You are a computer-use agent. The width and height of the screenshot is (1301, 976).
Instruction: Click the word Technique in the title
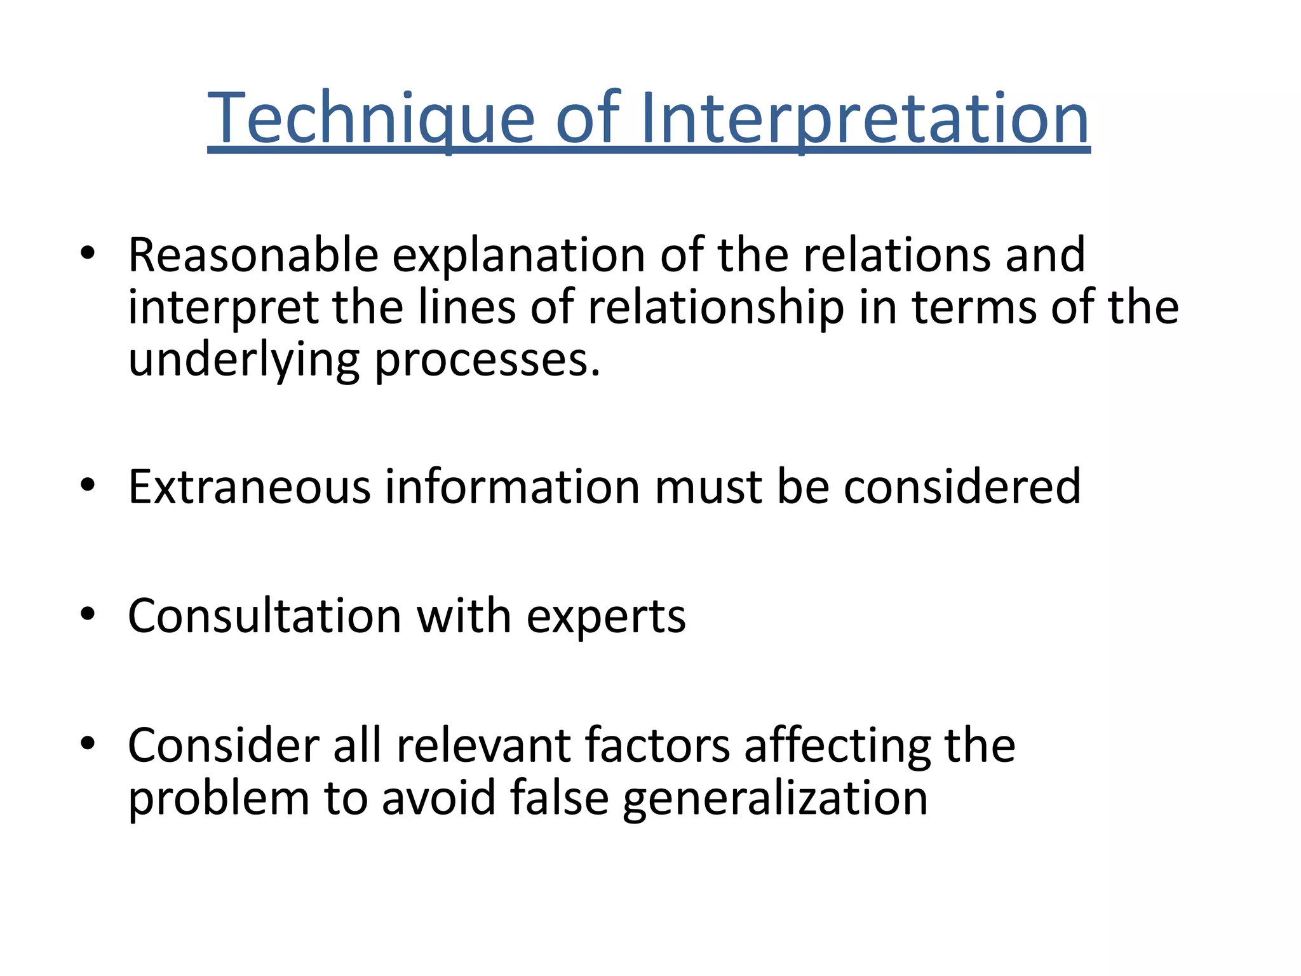click(x=371, y=119)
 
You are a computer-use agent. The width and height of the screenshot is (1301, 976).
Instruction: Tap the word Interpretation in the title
click(x=865, y=119)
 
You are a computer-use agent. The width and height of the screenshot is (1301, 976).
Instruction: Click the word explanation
click(x=519, y=256)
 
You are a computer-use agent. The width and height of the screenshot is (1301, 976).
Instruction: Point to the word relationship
click(x=716, y=308)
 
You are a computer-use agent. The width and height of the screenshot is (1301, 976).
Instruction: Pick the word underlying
click(x=243, y=360)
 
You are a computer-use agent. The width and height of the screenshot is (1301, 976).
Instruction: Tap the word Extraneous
click(x=250, y=487)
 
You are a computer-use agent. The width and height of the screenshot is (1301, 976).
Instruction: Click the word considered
click(x=962, y=487)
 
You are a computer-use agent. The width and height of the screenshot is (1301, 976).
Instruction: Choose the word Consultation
click(x=265, y=616)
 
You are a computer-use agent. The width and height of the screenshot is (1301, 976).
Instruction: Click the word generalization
click(x=775, y=799)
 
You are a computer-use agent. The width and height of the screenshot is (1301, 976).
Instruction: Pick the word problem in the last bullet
click(x=219, y=799)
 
